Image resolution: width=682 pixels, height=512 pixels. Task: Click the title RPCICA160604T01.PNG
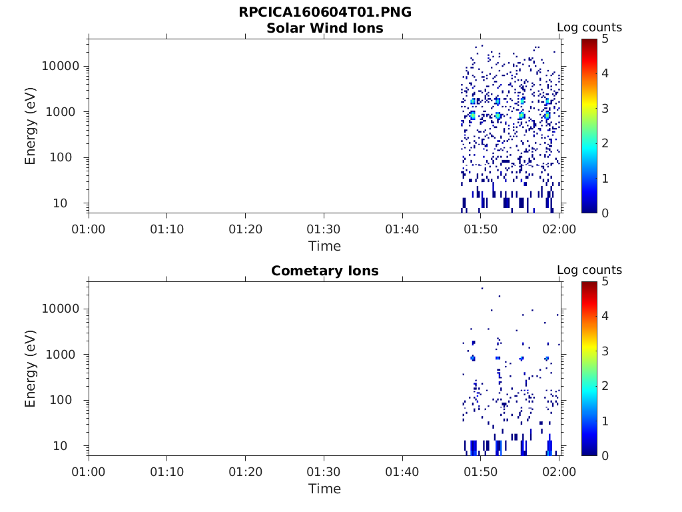[x=324, y=13]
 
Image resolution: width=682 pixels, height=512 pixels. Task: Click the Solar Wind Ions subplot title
[x=324, y=29]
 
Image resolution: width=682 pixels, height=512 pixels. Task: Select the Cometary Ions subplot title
[x=324, y=271]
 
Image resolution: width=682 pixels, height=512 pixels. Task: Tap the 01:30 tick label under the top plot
[x=324, y=230]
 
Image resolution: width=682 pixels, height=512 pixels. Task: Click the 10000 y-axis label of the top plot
[x=61, y=67]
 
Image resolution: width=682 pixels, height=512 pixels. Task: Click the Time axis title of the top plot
[x=324, y=247]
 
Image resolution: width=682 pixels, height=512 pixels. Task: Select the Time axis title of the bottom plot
[x=324, y=489]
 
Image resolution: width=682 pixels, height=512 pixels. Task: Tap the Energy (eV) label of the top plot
[x=31, y=126]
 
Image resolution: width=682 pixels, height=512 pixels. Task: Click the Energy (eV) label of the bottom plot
[x=31, y=369]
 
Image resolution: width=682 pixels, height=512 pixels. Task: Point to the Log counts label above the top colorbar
[x=589, y=28]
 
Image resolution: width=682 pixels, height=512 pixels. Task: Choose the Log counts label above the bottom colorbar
[x=589, y=271]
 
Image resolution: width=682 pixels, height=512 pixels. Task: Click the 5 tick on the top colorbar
[x=605, y=39]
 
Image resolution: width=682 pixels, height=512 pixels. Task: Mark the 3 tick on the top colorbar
[x=605, y=109]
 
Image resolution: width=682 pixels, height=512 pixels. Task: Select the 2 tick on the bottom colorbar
[x=605, y=386]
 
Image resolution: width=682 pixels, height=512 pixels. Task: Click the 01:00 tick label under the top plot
[x=89, y=230]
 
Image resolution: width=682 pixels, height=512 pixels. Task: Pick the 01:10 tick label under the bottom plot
[x=167, y=473]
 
